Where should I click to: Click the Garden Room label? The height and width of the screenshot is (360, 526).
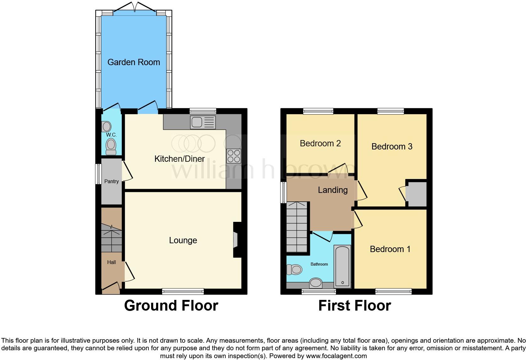point(134,62)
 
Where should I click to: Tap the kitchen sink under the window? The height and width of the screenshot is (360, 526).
point(203,122)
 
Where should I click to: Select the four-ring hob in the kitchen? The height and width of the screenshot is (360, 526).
point(233,155)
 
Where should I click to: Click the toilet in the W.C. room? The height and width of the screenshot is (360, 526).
point(111,147)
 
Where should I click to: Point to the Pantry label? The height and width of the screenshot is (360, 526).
point(111,182)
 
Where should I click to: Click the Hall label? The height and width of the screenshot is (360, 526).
point(111,262)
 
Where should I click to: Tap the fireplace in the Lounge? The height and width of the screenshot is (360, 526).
point(236,240)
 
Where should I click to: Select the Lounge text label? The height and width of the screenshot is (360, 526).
point(183,240)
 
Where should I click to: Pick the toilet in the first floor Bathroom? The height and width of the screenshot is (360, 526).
point(294,269)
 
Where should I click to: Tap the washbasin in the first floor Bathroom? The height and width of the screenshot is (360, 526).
point(316,283)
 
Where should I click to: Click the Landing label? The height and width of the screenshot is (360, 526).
point(333,190)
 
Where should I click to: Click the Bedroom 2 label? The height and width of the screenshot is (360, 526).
point(320,143)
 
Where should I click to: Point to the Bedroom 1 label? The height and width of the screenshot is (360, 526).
point(390,249)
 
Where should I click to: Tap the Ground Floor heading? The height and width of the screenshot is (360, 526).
point(171,306)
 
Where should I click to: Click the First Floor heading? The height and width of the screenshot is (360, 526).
point(355,306)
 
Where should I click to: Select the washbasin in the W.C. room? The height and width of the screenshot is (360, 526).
point(107,127)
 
